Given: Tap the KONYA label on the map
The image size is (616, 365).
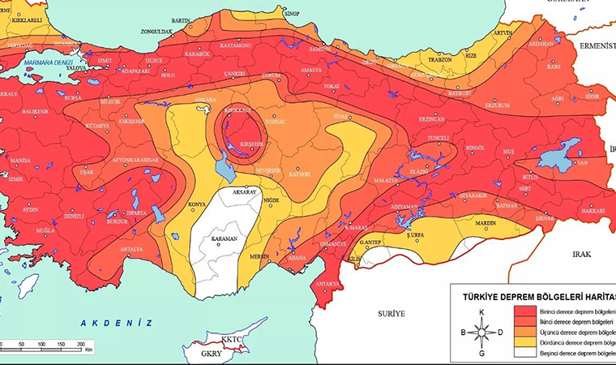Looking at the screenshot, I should pyautogui.click(x=196, y=204).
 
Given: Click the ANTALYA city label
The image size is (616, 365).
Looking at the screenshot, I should pyautogui.click(x=130, y=249).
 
